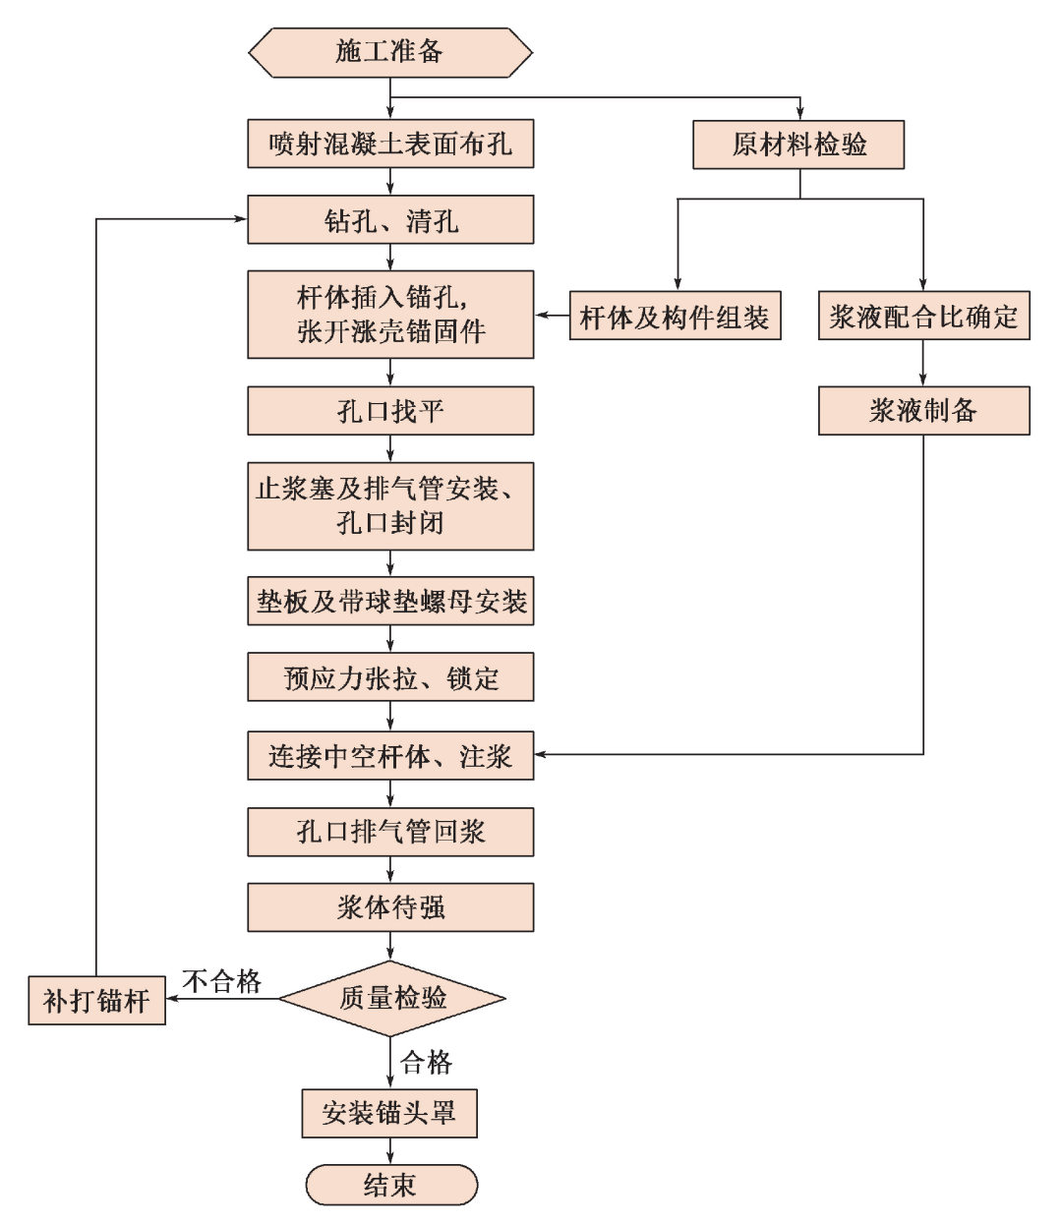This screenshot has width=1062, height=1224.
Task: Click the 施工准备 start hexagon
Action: point(390,52)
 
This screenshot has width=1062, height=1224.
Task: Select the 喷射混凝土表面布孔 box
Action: point(390,145)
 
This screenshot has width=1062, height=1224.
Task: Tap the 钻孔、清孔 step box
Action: point(390,219)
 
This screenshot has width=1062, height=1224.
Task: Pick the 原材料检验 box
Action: point(798,145)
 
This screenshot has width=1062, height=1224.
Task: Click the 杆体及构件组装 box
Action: point(675,317)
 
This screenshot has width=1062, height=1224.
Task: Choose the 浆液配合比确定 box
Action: point(923,317)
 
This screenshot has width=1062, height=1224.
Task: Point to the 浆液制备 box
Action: point(923,411)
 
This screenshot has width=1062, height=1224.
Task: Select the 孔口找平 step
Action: point(390,411)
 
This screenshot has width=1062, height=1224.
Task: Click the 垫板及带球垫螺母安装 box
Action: point(390,602)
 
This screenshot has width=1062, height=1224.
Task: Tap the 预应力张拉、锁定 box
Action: point(390,677)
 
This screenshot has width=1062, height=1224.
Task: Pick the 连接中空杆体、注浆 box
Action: point(390,755)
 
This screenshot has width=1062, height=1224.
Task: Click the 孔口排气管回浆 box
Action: point(390,832)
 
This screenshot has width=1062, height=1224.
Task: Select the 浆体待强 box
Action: point(390,906)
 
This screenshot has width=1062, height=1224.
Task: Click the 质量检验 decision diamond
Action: point(392,999)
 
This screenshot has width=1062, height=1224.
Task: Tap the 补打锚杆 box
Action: point(96,1001)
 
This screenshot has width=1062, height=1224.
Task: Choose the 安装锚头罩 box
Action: point(389,1113)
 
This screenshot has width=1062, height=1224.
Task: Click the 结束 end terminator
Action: point(390,1185)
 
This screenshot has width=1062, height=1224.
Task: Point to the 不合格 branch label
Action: point(222,980)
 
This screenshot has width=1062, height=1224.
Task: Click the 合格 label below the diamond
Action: point(427,1062)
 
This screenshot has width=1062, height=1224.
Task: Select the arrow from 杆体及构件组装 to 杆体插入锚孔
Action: point(553,316)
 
